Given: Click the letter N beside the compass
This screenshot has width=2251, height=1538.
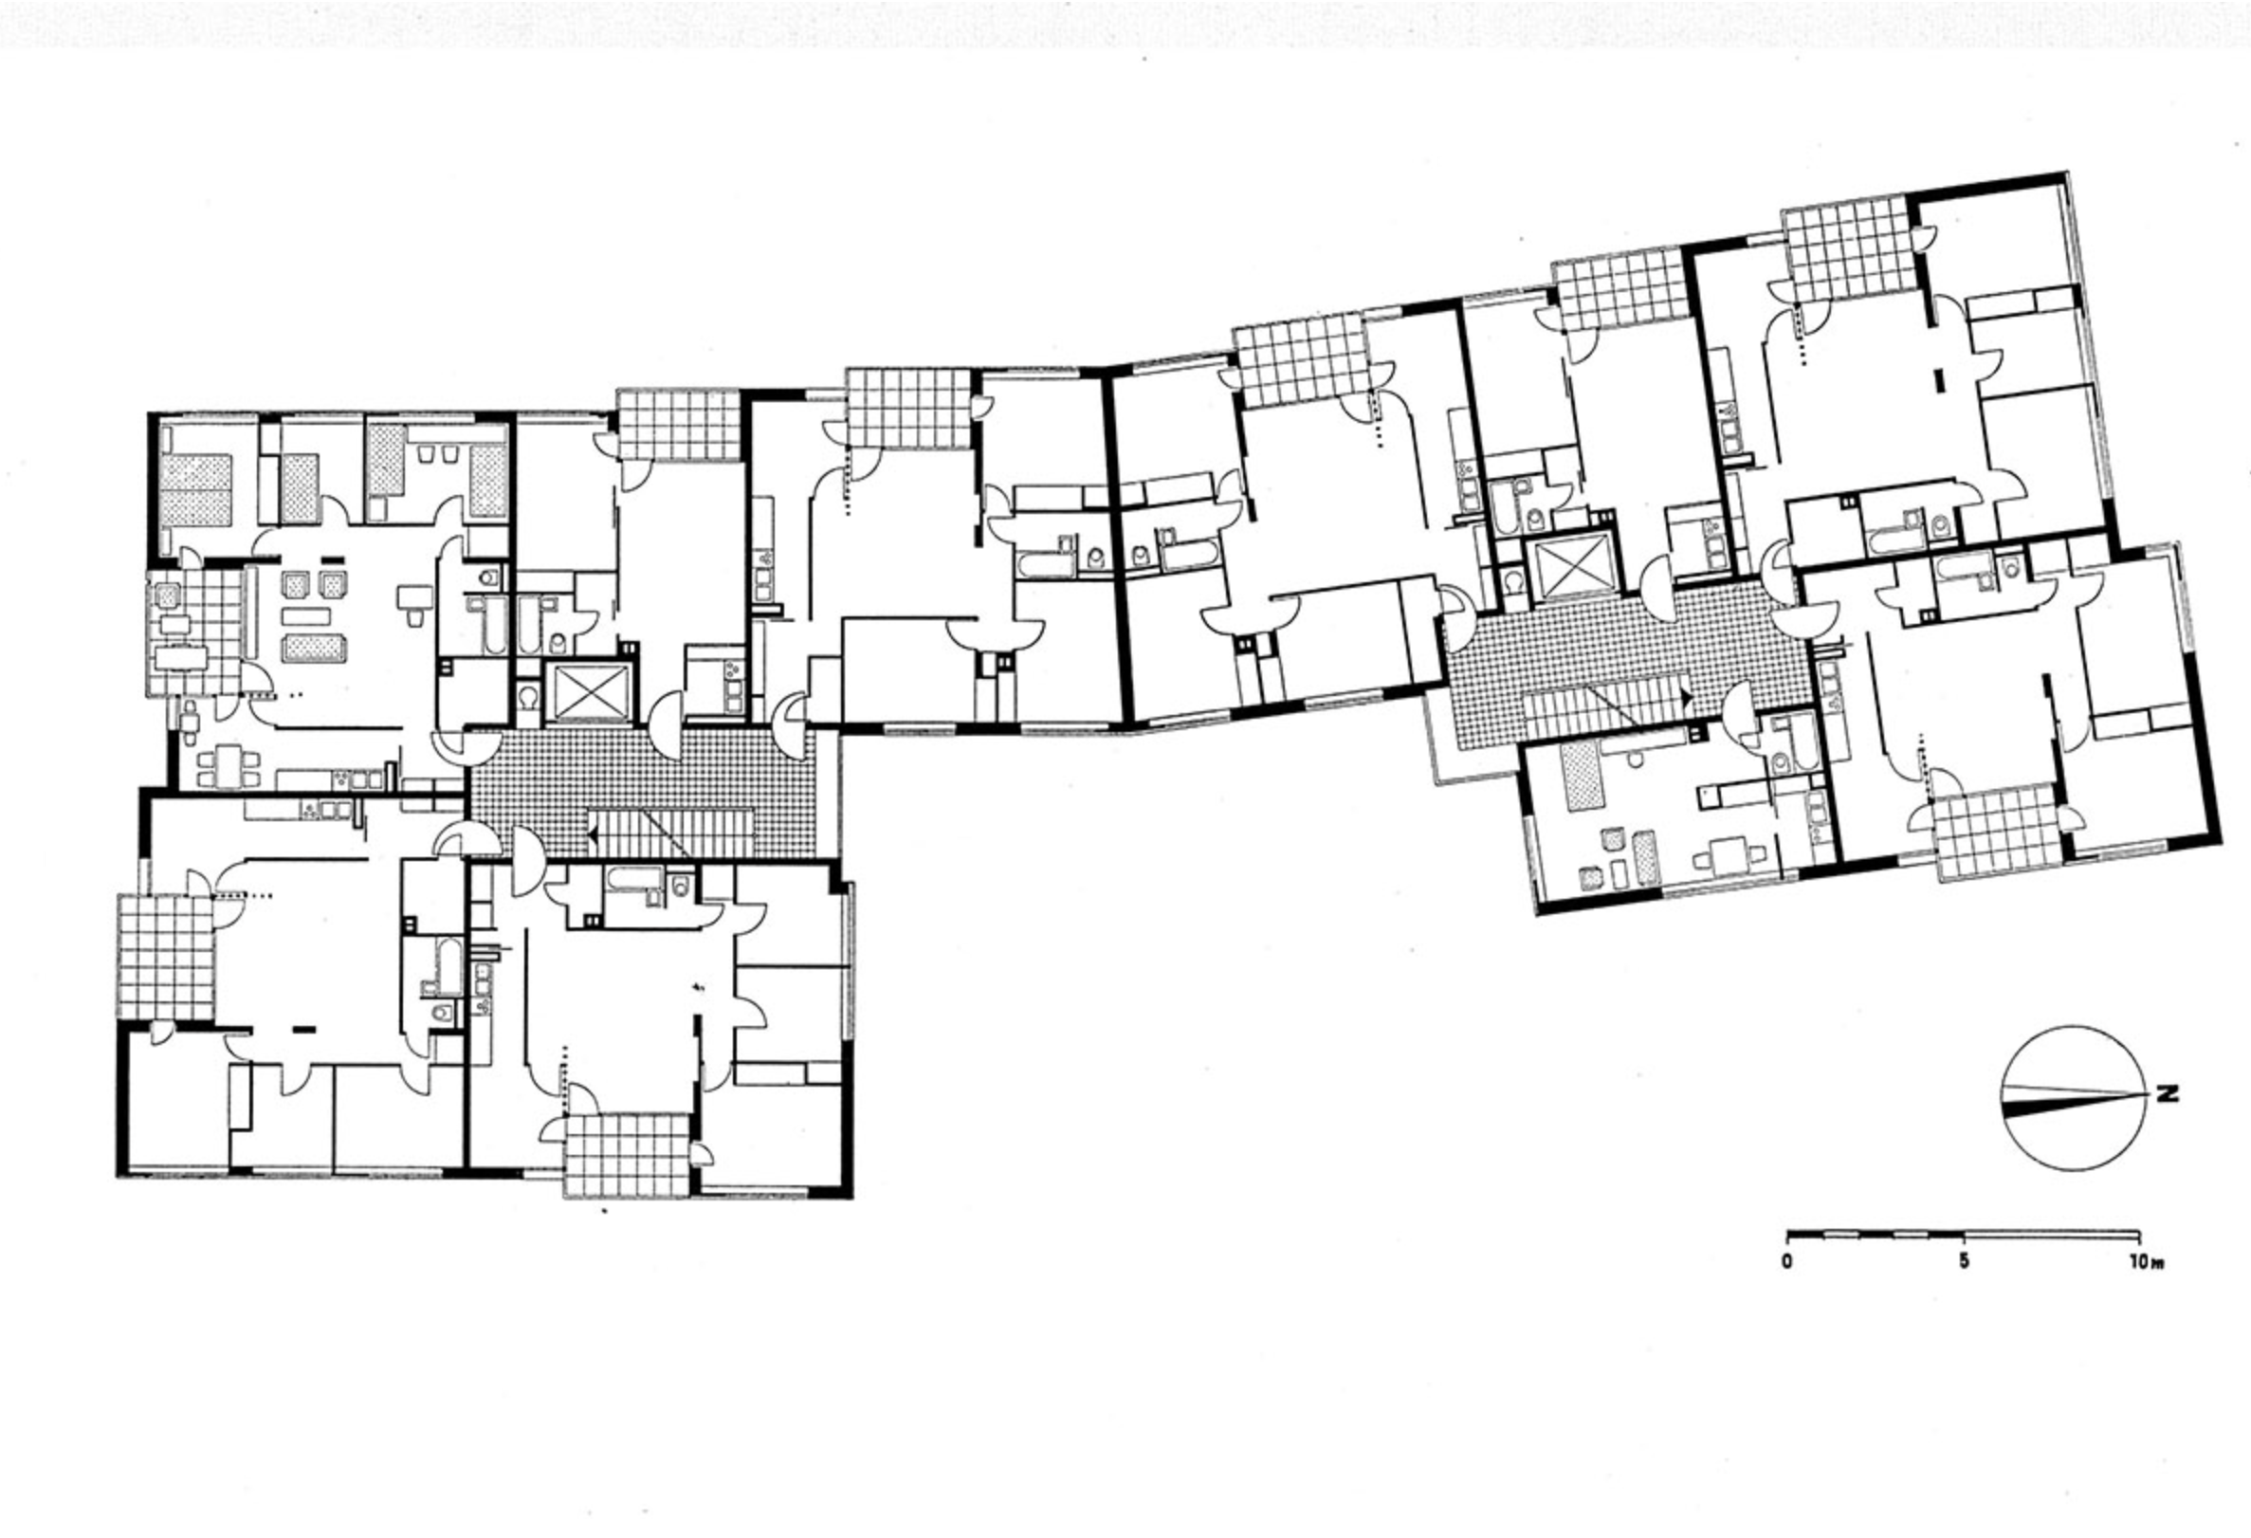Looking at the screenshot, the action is click(2167, 1095).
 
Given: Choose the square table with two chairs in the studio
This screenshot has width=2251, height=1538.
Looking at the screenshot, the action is click(1729, 854).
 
